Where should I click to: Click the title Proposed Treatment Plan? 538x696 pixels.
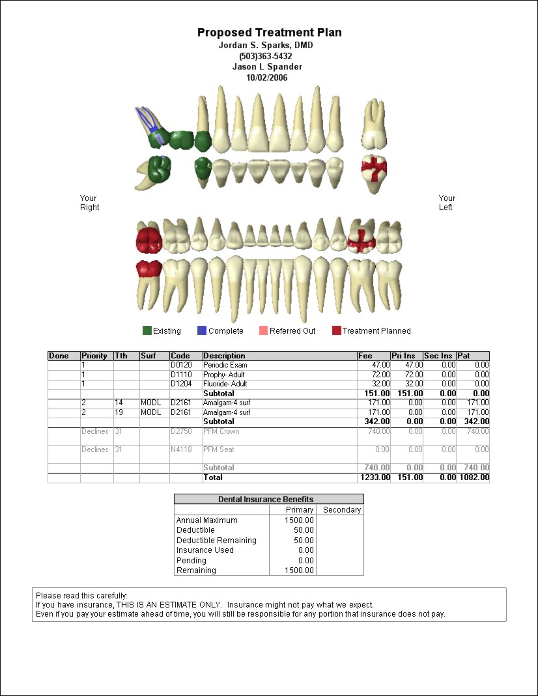[x=269, y=33]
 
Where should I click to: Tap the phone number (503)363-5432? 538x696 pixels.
[x=269, y=56]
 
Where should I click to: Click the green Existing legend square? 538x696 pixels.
[x=147, y=330]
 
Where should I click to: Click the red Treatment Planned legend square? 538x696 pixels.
[x=336, y=330]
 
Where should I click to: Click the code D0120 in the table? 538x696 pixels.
[x=182, y=366]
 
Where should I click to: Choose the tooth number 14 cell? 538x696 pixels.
[x=119, y=403]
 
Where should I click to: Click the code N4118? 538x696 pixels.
[x=182, y=449]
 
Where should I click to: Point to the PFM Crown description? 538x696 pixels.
[x=221, y=431]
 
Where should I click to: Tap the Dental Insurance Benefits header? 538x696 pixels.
[x=268, y=500]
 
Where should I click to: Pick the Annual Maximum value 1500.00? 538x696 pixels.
[x=300, y=520]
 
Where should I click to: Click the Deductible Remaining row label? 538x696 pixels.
[x=216, y=541]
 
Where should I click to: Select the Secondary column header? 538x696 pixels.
[x=341, y=510]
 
